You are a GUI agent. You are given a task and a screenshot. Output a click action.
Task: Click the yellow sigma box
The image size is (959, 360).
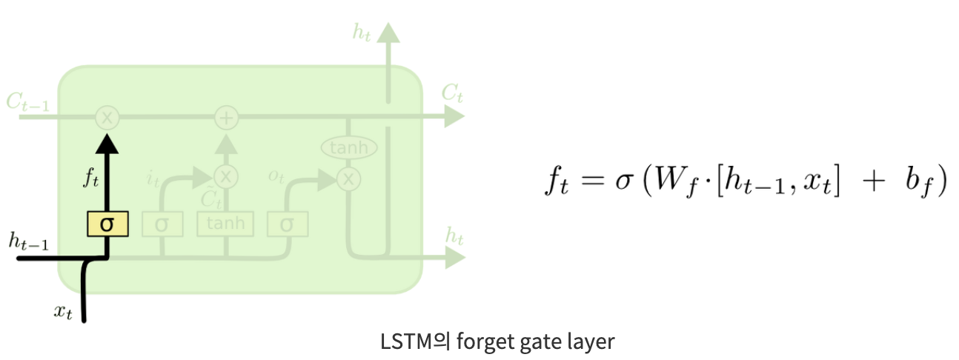pyautogui.click(x=108, y=224)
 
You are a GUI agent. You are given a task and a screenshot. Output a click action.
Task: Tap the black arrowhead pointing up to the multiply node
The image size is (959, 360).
pyautogui.click(x=108, y=144)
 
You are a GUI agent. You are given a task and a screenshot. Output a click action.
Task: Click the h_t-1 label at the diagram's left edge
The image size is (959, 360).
pyautogui.click(x=29, y=241)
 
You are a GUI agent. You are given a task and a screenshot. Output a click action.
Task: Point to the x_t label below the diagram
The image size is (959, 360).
pyautogui.click(x=64, y=311)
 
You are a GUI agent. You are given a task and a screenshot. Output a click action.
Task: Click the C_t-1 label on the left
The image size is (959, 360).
pyautogui.click(x=28, y=104)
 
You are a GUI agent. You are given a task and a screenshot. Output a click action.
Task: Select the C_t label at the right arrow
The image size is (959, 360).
pyautogui.click(x=451, y=93)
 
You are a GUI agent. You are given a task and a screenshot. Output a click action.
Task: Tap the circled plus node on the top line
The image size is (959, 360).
pyautogui.click(x=225, y=116)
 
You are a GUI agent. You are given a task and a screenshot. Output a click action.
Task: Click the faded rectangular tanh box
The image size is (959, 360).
pyautogui.click(x=225, y=224)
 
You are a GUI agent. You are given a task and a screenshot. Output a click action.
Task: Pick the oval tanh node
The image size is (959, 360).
pyautogui.click(x=348, y=147)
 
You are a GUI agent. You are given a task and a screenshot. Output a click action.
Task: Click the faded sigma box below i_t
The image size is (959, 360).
pyautogui.click(x=162, y=224)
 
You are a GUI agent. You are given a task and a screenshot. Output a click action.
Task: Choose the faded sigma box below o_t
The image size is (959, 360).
pyautogui.click(x=288, y=224)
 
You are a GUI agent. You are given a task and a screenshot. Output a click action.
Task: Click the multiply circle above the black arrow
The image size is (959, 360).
pyautogui.click(x=108, y=116)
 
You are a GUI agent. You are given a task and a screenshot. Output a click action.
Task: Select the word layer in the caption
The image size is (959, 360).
pyautogui.click(x=589, y=342)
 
